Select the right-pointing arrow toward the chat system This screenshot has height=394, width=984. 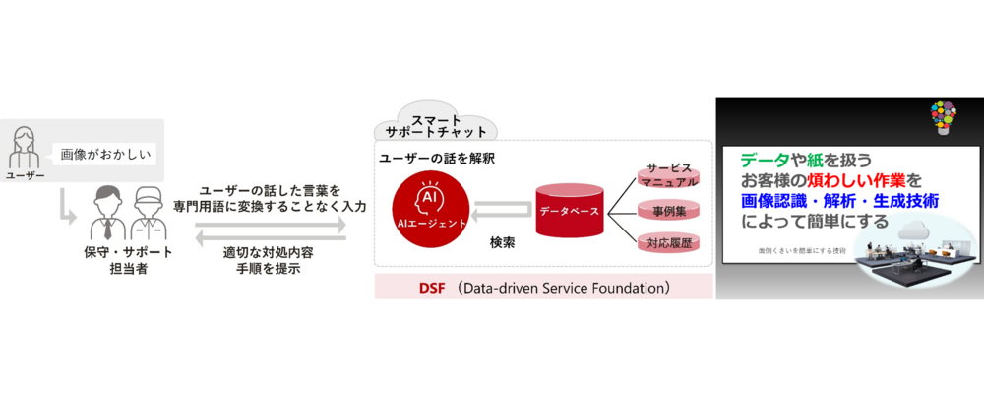(x=270, y=225)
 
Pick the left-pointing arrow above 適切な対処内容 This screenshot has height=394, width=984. (x=270, y=237)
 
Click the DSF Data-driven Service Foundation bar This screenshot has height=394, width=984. (x=544, y=289)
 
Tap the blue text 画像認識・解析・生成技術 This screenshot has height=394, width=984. (x=838, y=201)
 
